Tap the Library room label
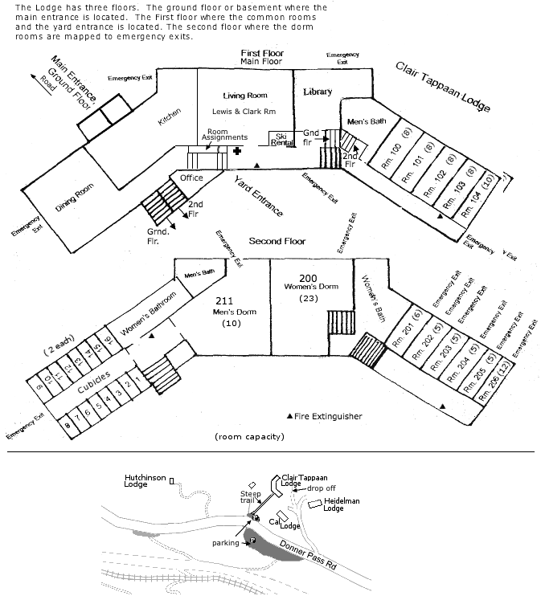click(318, 92)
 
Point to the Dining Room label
click(74, 198)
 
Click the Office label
click(191, 178)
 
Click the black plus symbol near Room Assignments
click(237, 150)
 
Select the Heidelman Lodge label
click(341, 504)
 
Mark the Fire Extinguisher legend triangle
click(290, 416)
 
